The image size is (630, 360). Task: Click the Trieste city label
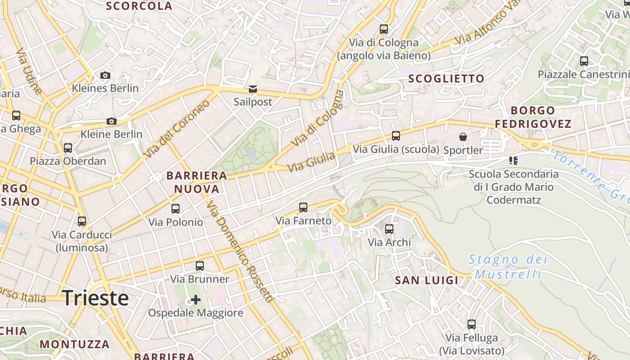[x=95, y=298]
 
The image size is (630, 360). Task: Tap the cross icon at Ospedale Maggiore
[x=196, y=299]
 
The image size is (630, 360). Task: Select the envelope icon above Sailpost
[x=253, y=89]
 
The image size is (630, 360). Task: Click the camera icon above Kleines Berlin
[x=105, y=75]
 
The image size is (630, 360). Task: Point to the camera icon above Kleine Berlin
[x=112, y=121]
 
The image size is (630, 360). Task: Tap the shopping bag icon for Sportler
[x=463, y=137]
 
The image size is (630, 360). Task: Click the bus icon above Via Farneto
[x=303, y=207]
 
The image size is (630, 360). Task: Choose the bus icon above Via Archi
[x=389, y=229]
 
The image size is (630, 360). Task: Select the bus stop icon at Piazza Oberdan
[x=68, y=148]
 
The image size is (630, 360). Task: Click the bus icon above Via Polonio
[x=175, y=209]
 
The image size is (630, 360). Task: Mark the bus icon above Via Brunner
[x=200, y=266]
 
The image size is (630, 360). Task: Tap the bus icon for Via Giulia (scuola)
[x=396, y=135]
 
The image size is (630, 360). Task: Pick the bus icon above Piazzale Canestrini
[x=584, y=61]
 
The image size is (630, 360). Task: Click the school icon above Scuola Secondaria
[x=513, y=160]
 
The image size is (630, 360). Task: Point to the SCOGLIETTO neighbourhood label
[x=446, y=79]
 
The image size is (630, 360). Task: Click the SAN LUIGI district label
[x=426, y=280]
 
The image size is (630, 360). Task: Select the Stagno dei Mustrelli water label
[x=508, y=266]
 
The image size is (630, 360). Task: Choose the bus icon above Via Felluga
[x=472, y=324]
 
